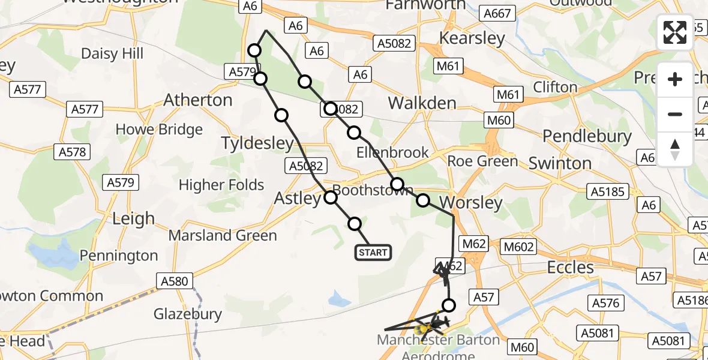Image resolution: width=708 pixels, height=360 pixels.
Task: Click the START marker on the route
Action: click(373, 253)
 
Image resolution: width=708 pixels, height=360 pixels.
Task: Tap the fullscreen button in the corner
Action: click(675, 32)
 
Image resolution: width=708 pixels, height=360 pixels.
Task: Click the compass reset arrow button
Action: click(675, 149)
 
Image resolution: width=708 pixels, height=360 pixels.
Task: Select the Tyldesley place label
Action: click(258, 143)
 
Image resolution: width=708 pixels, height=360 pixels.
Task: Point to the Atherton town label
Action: click(198, 100)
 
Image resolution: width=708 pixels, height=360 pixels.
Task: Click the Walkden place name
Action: click(422, 103)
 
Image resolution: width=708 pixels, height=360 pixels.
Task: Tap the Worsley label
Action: click(471, 202)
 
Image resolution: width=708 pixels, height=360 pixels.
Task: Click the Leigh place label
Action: click(133, 218)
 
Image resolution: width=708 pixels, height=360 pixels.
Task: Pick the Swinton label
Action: click(560, 163)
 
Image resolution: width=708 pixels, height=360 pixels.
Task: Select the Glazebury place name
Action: click(188, 313)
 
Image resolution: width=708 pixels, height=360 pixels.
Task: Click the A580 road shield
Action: click(175, 280)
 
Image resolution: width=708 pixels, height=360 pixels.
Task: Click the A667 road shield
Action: click(498, 14)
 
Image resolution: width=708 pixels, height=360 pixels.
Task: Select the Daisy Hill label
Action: click(112, 53)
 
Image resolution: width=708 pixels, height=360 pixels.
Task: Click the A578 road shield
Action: click(73, 152)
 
